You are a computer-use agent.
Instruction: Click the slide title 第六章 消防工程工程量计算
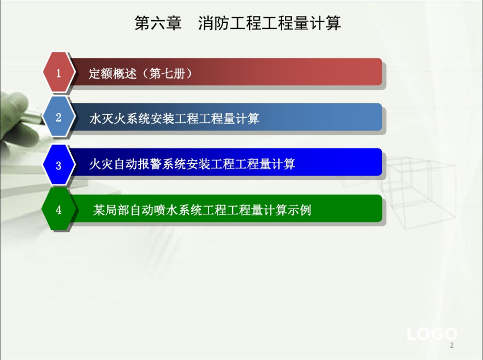(237, 23)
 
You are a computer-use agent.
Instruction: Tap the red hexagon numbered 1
(58, 72)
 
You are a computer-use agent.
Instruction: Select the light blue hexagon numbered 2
(58, 117)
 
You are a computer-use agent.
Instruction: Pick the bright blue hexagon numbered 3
(58, 165)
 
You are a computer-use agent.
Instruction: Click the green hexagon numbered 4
(58, 210)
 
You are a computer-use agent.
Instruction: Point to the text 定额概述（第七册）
(140, 73)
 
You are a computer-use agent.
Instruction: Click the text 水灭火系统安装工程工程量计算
(174, 118)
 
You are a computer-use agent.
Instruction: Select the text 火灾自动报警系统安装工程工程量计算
(192, 164)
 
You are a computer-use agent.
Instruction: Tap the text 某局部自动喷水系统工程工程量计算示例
(202, 210)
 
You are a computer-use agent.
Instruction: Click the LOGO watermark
(432, 334)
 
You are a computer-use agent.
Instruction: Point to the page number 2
(452, 345)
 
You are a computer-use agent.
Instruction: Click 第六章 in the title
(158, 23)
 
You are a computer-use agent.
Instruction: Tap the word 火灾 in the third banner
(101, 164)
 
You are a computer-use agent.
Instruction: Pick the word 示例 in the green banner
(299, 210)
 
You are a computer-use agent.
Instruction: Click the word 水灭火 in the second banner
(107, 118)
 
